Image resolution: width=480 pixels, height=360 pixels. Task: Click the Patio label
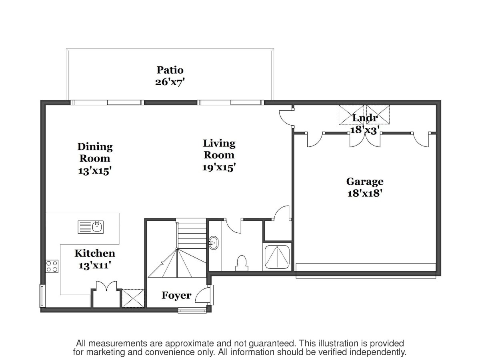[x=170, y=70]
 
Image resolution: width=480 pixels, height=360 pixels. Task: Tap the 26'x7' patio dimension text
[x=170, y=82]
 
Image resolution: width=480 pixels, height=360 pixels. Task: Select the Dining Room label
[x=95, y=152]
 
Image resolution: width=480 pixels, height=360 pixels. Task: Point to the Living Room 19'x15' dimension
[x=219, y=168]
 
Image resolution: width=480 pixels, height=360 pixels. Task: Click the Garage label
[x=365, y=182]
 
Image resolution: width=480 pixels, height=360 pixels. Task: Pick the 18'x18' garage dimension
[x=365, y=193]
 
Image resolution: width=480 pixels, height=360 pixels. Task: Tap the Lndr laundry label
[x=365, y=118]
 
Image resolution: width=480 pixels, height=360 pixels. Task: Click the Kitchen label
[x=95, y=253]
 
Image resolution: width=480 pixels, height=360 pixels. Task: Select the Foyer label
[x=176, y=295]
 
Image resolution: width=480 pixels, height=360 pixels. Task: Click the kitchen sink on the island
[x=90, y=227]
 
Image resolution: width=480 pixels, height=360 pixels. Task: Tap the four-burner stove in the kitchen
[x=52, y=266]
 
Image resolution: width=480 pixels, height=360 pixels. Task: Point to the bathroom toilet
[x=242, y=263]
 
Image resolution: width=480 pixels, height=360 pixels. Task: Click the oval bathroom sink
[x=214, y=243]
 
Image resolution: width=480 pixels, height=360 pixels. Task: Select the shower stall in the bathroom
[x=277, y=257]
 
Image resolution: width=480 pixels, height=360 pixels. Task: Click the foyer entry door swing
[x=202, y=295]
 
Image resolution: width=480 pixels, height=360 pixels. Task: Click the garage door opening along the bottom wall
[x=366, y=271]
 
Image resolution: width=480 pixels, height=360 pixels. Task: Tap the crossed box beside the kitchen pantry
[x=133, y=298]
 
